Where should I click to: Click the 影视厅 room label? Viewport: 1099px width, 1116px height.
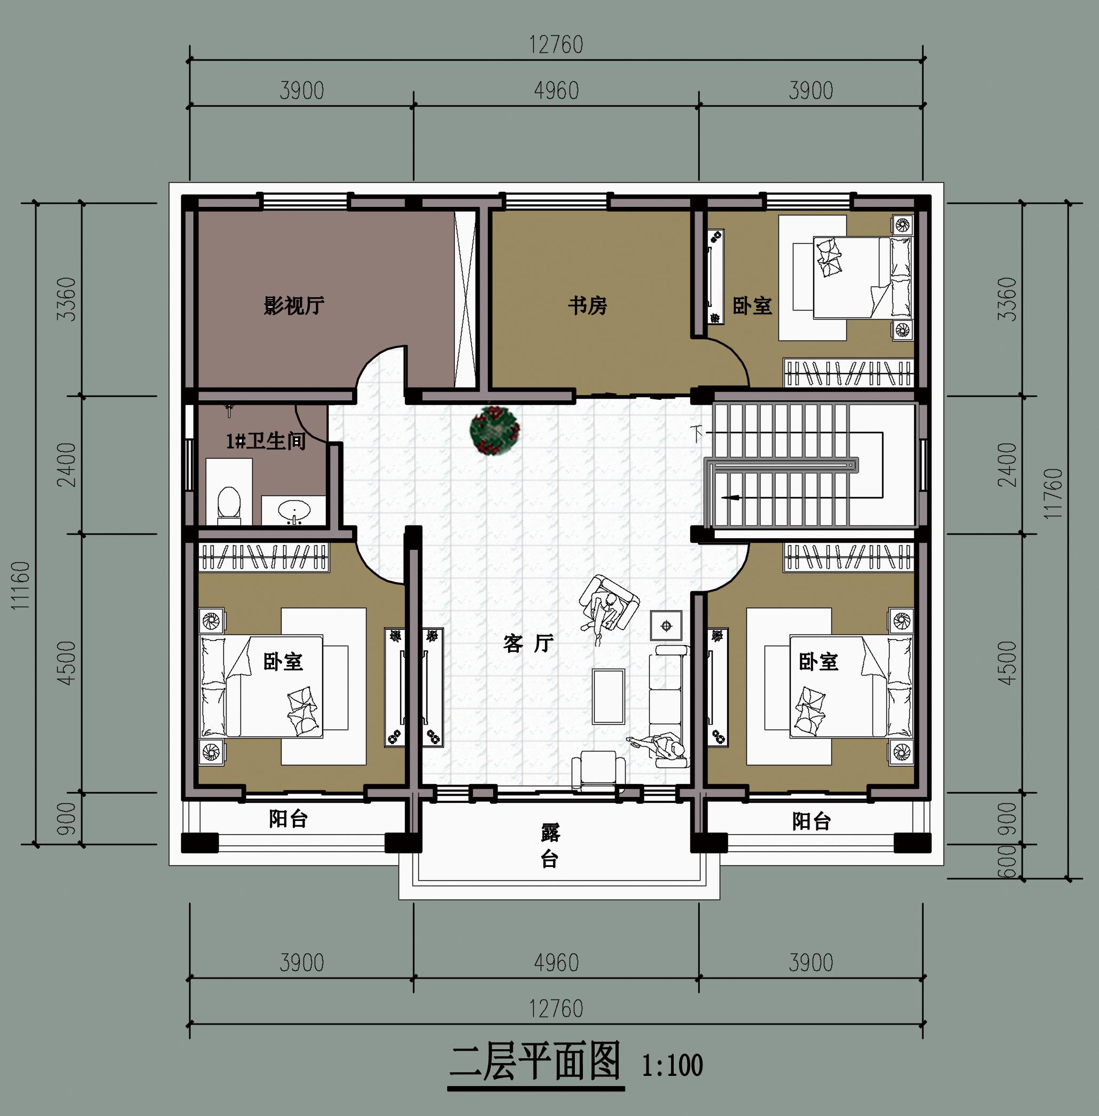(x=294, y=305)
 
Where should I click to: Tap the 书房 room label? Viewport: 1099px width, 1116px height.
(x=588, y=305)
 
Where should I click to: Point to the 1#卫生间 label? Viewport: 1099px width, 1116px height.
(x=266, y=441)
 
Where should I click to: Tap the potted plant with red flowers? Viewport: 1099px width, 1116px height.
(x=495, y=430)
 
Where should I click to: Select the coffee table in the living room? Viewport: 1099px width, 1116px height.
(x=609, y=696)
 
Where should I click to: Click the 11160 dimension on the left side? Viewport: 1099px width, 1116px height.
(x=20, y=585)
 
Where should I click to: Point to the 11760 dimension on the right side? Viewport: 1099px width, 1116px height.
(x=1053, y=493)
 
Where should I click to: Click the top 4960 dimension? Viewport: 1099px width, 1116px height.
(x=556, y=91)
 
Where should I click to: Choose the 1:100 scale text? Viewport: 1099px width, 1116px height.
(x=673, y=1066)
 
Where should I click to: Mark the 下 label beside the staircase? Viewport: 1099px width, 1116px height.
(x=698, y=433)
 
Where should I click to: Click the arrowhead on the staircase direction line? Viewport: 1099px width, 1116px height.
(x=731, y=497)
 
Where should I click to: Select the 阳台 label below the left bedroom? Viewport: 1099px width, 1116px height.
(x=288, y=819)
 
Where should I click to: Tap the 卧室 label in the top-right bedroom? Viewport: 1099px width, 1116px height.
(x=752, y=305)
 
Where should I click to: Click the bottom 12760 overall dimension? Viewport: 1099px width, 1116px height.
(x=556, y=1009)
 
